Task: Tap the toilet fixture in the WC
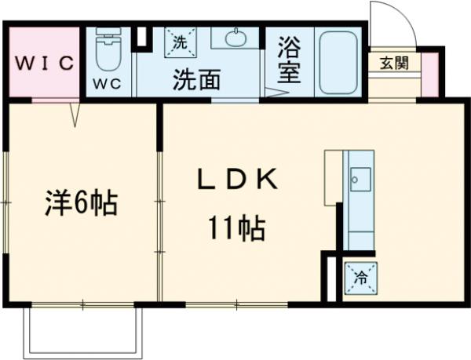108,51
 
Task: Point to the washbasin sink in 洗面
235,38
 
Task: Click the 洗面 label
196,79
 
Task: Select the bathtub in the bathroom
339,61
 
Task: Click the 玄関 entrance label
395,64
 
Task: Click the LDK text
235,180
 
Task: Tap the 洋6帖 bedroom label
79,205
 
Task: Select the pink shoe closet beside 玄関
430,76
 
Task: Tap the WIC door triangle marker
75,115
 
